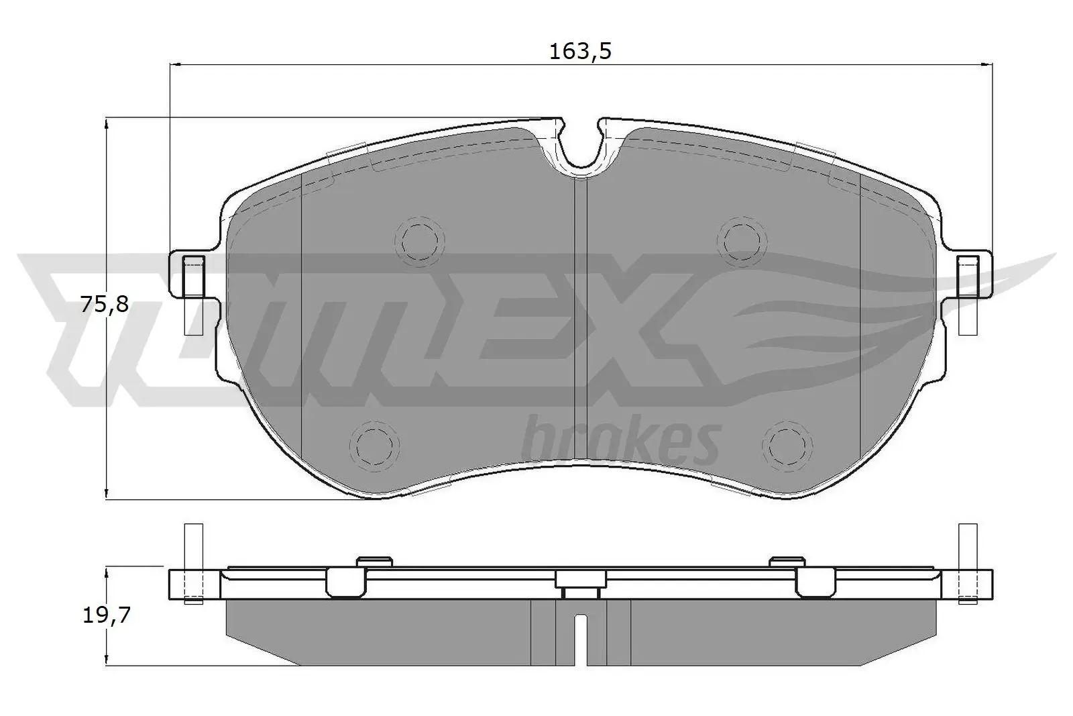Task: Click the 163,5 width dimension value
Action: tap(581, 52)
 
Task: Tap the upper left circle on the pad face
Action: tap(420, 238)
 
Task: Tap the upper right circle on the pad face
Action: tap(740, 238)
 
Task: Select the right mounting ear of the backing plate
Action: tap(970, 275)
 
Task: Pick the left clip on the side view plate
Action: tap(347, 580)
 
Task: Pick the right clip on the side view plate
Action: tap(815, 580)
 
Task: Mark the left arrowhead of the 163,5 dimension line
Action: tap(176, 64)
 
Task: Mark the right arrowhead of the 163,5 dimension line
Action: tap(986, 64)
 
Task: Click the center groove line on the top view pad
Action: tap(581, 322)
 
